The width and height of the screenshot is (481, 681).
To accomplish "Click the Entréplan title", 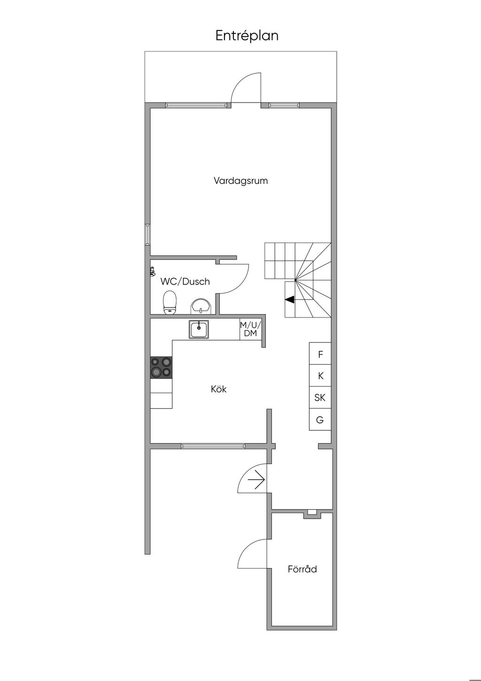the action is click(247, 36).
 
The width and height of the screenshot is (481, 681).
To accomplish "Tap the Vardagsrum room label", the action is click(240, 181).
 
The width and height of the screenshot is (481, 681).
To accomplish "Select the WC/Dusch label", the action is click(185, 282).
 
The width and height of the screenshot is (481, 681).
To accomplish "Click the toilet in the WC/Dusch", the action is click(170, 302).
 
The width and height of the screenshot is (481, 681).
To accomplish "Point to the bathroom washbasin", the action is click(201, 306).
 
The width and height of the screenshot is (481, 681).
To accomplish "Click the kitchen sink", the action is click(199, 329).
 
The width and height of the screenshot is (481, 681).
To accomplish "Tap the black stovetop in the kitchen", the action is click(161, 367).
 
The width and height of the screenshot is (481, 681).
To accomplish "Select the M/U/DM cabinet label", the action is click(250, 329).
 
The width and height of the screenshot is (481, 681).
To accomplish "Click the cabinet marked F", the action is click(320, 353).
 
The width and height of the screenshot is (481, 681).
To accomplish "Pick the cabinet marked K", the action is click(320, 375).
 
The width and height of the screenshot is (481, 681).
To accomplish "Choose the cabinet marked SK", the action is click(320, 397).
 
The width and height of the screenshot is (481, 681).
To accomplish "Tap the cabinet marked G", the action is click(320, 420).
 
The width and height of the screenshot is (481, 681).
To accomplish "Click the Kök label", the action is click(218, 389).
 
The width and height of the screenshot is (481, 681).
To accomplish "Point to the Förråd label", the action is click(302, 569).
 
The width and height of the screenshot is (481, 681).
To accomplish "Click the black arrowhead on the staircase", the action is click(289, 300).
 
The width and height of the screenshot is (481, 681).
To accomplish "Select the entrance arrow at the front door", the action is click(256, 479).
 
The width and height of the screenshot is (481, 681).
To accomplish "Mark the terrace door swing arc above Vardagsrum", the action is click(238, 81).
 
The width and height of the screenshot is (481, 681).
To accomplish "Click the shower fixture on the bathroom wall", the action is click(153, 270).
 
